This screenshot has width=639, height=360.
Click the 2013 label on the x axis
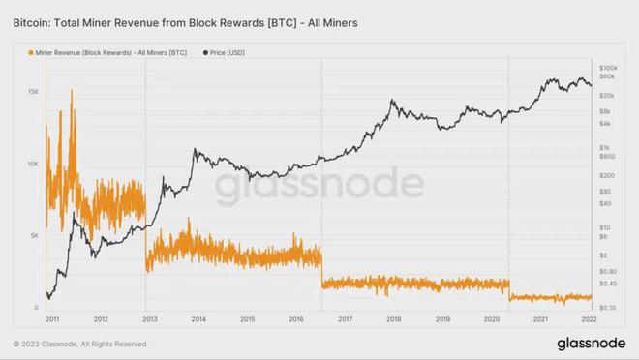pyautogui.click(x=148, y=318)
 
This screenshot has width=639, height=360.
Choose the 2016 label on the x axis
pyautogui.click(x=296, y=318)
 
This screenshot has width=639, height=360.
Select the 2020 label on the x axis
pyautogui.click(x=493, y=318)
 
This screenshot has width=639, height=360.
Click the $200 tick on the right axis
pyautogui.click(x=607, y=175)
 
